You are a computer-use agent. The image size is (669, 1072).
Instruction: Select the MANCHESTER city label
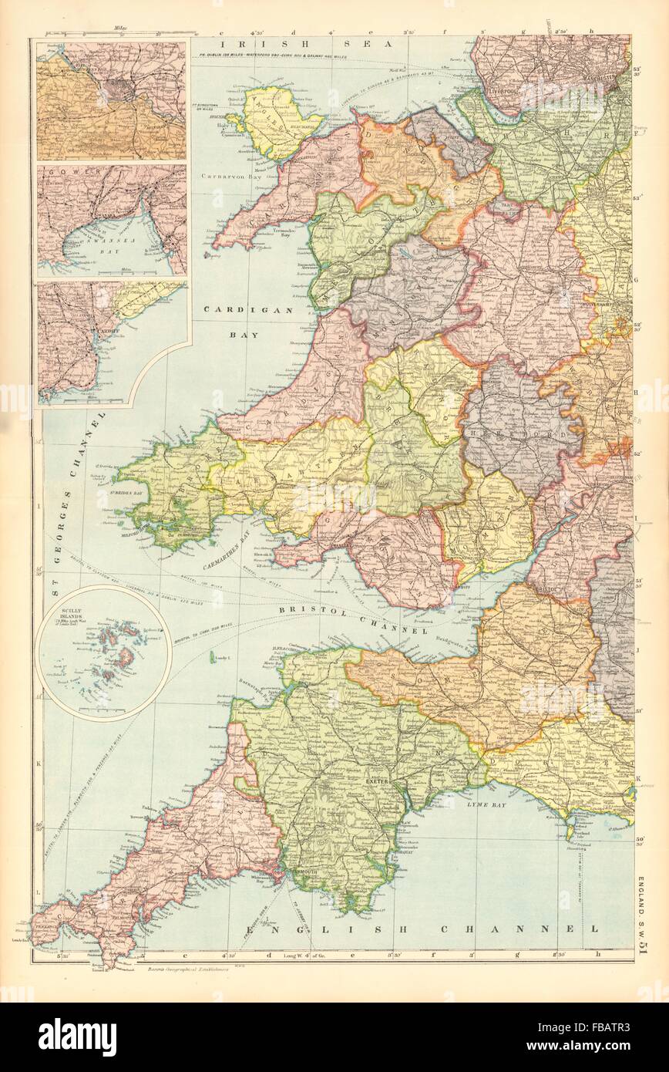pyautogui.click(x=607, y=79)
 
